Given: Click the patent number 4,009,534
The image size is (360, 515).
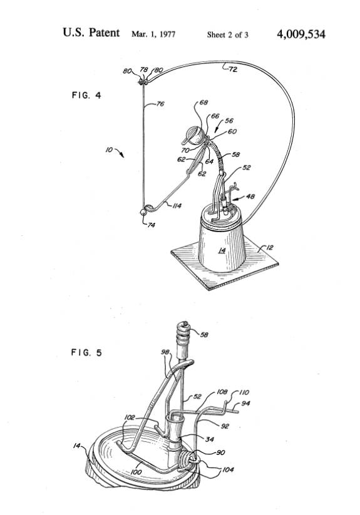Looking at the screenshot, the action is point(301,34).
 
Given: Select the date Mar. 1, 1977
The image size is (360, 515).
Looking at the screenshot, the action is point(153,34).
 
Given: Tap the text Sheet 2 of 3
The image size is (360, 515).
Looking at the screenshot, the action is point(227,34).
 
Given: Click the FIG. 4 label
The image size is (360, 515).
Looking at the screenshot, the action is point(86,95).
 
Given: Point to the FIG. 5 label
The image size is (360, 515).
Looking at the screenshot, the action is point(86,352).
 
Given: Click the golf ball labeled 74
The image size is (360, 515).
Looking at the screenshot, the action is point(143,212).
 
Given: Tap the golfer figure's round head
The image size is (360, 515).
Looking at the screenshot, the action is point(195,136).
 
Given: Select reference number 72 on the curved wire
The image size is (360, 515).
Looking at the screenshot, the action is point(232,69).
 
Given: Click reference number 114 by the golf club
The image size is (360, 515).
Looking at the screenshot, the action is point(177,206).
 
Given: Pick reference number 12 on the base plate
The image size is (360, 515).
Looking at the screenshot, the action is point(269,248).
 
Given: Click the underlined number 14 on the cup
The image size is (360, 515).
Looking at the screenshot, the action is point(222,250).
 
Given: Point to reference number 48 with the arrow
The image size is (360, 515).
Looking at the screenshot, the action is point(250,196).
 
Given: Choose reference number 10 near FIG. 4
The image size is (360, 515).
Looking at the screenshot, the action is point(109,150).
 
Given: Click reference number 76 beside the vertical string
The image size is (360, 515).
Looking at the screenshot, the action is point(160,104).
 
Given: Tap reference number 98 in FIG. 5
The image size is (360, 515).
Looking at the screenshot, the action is point(165,352).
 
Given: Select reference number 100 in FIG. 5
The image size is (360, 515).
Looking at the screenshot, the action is point(136,472).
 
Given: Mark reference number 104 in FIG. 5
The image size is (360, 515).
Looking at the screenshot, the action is point(228,470).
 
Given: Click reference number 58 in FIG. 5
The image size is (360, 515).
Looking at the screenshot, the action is point(204,335).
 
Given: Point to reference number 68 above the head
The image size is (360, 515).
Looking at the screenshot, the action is point(203,103).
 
